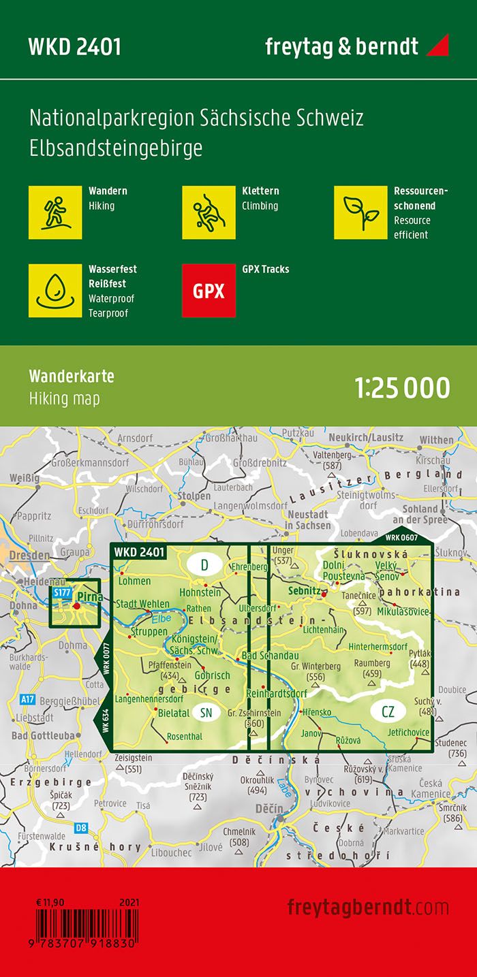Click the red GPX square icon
[x=209, y=291]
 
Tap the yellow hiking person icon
[x=55, y=212]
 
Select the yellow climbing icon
[x=209, y=212]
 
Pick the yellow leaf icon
[x=360, y=212]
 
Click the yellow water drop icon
[x=55, y=291]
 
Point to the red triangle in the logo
[x=438, y=46]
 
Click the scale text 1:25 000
[x=402, y=387]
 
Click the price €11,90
[x=50, y=902]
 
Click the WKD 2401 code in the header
[x=74, y=47]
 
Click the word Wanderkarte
[x=72, y=377]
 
